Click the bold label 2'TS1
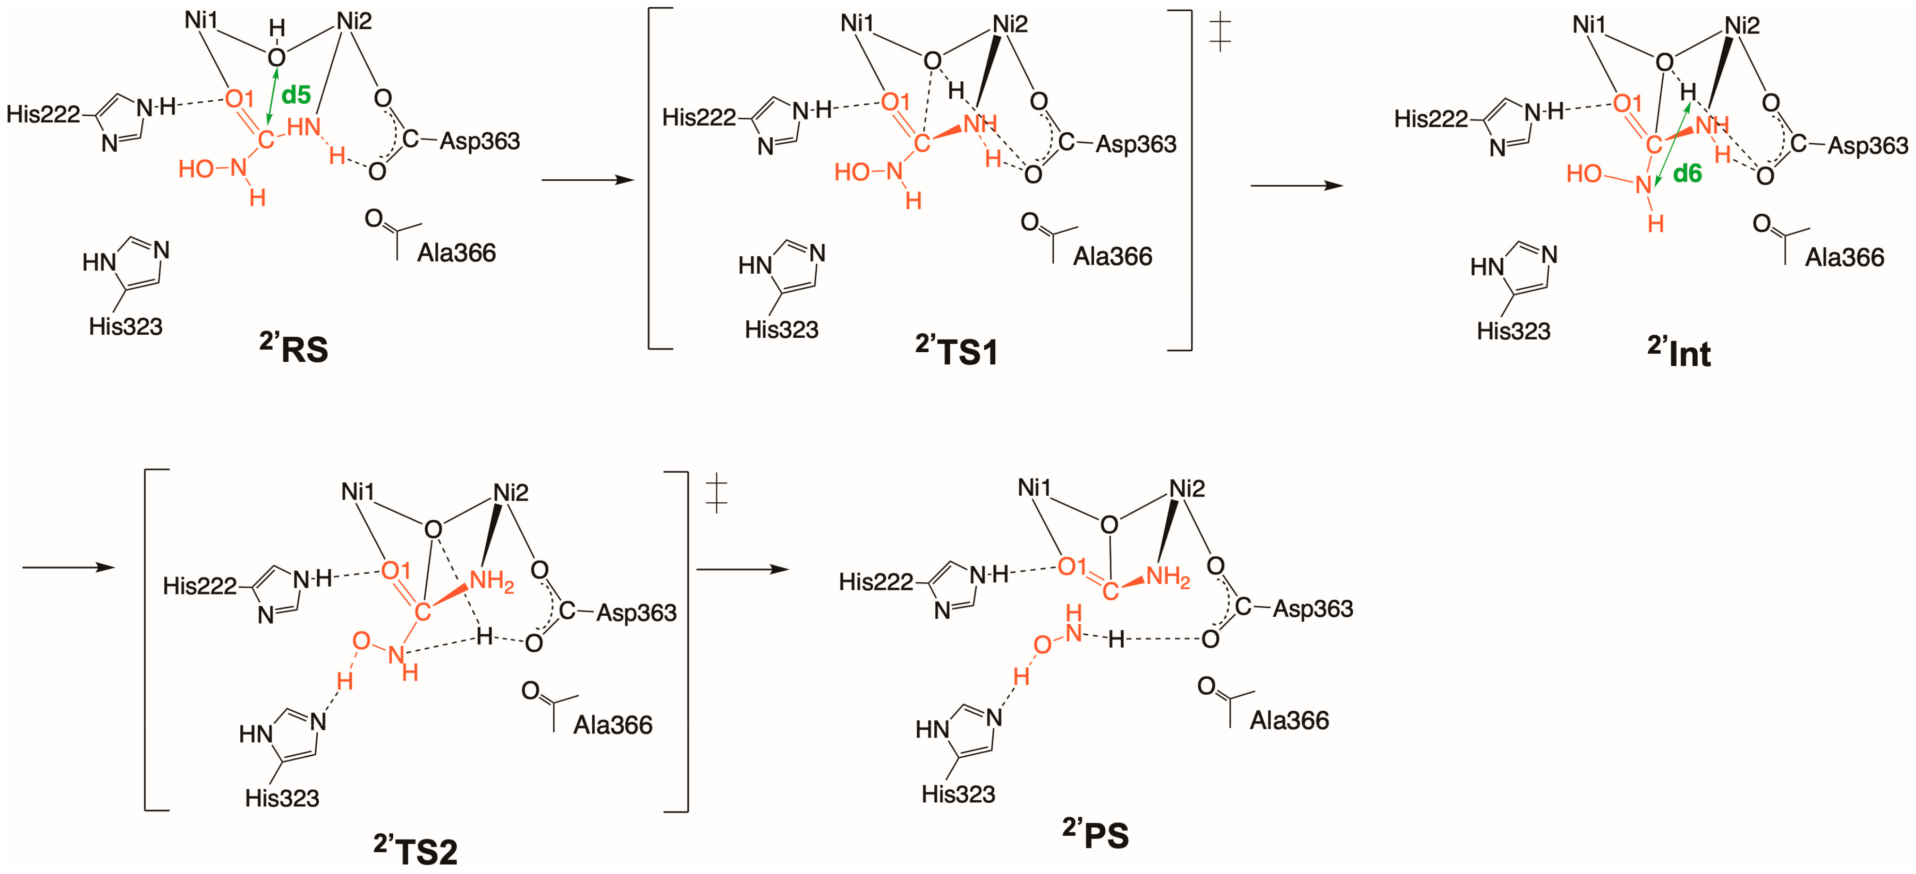[x=957, y=350]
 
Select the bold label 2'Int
[x=1680, y=352]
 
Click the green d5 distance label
[x=296, y=95]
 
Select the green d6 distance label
[x=1687, y=174]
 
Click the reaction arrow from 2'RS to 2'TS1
[x=587, y=180]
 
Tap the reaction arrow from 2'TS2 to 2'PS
[x=742, y=570]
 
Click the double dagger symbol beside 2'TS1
[x=1220, y=33]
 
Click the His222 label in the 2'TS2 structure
[x=200, y=586]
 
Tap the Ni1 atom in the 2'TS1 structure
[x=857, y=24]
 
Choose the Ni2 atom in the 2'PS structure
[x=1187, y=489]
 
